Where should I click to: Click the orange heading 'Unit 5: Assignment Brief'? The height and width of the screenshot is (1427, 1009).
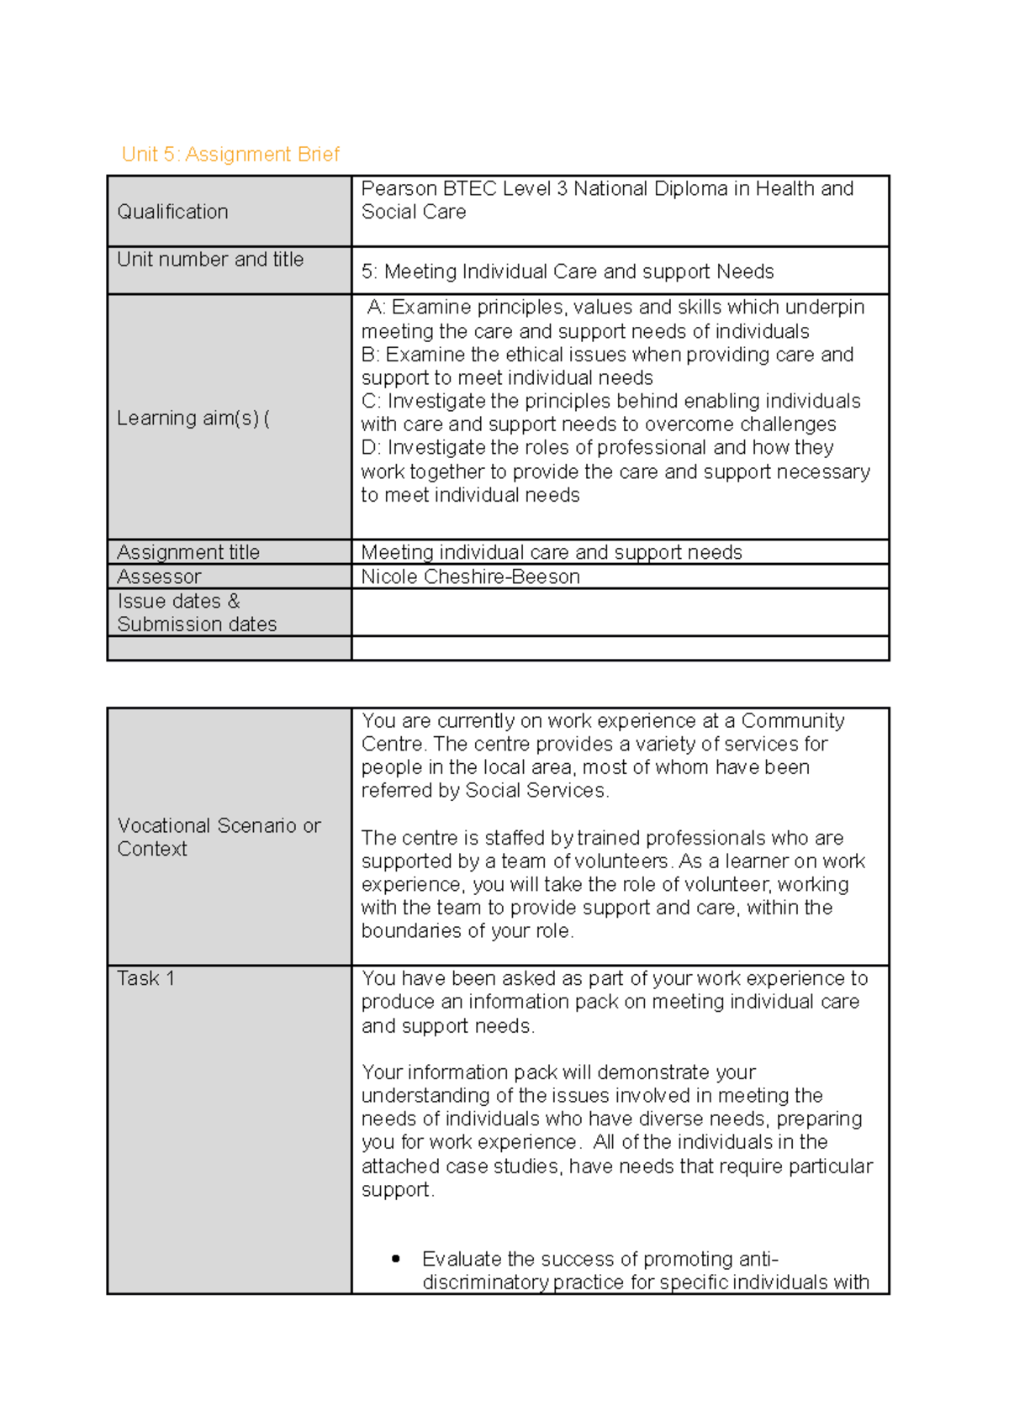[230, 155]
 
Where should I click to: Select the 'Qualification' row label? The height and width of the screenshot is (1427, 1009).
[172, 212]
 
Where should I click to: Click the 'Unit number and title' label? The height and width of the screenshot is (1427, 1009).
[210, 260]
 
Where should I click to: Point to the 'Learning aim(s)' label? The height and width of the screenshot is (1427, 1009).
[193, 419]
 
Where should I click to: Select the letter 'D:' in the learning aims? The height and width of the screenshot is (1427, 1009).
[371, 448]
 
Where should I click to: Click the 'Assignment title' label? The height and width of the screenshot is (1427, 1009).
[188, 552]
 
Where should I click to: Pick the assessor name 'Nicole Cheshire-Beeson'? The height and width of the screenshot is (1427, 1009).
[470, 577]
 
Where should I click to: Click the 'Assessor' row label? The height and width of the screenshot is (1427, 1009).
[159, 577]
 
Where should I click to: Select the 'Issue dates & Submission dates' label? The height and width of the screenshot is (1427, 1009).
[197, 613]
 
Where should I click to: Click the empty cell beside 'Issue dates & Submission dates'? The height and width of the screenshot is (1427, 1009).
[620, 613]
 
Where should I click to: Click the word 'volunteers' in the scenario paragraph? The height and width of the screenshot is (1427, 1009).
[621, 861]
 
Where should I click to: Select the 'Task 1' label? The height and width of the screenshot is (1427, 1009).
[145, 978]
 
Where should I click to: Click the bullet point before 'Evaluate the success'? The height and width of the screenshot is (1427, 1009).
[395, 1259]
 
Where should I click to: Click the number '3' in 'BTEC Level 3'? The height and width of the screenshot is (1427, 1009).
[562, 189]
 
